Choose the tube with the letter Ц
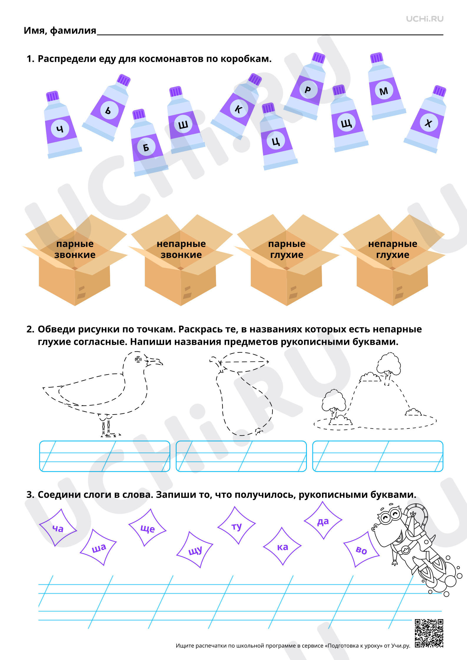pos(277,137)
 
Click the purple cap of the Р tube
pos(318,58)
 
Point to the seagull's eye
pos(138,359)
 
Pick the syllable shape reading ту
pos(236,526)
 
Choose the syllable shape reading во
pos(362,549)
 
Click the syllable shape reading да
pos(323,521)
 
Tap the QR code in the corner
pos(429,633)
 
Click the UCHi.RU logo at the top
pos(425,19)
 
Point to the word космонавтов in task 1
pos(171,59)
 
